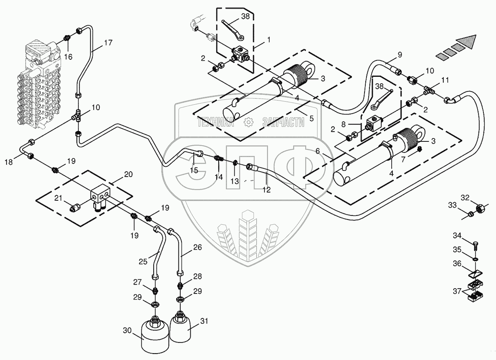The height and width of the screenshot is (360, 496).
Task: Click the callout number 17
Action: click(108, 43)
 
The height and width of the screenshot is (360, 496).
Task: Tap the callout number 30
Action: click(127, 330)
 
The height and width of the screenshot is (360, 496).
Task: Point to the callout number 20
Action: click(128, 174)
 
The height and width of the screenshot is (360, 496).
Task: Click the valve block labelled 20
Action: click(100, 195)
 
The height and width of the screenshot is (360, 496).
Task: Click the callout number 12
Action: click(266, 190)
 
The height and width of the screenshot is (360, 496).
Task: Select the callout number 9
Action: click(400, 54)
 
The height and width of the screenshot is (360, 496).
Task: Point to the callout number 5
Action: click(311, 118)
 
